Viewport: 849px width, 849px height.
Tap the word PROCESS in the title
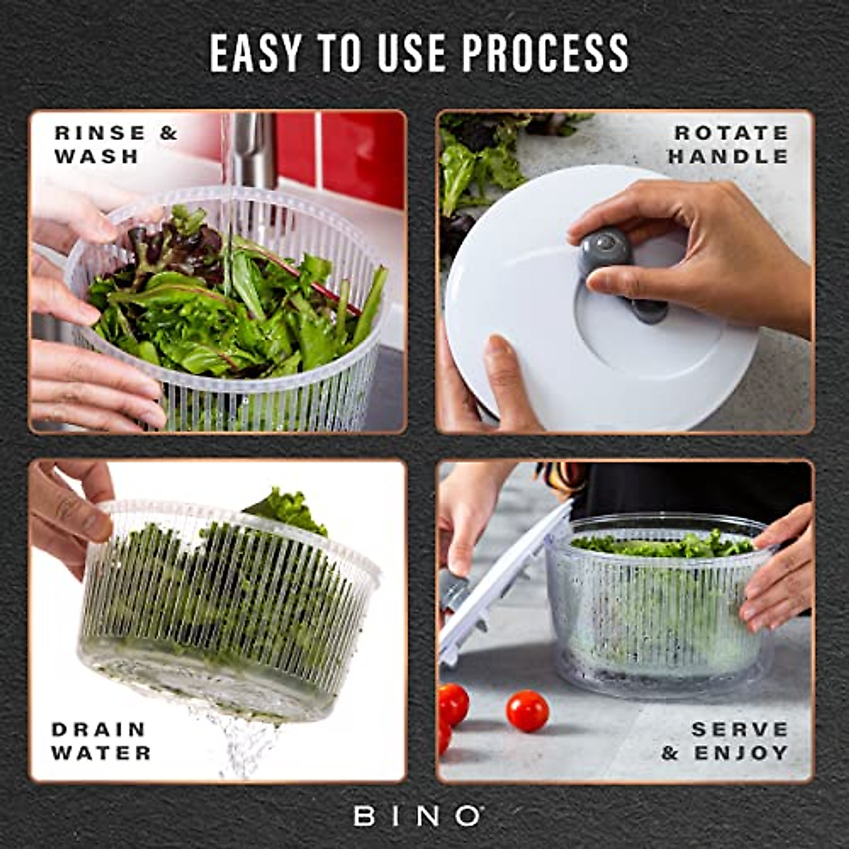click(x=545, y=53)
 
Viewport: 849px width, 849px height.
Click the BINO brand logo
click(x=417, y=816)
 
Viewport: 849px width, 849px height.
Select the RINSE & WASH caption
click(x=115, y=144)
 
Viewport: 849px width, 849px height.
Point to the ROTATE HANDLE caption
click(x=729, y=144)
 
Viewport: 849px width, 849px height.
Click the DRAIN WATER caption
click(x=101, y=741)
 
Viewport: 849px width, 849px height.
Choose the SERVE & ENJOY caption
click(x=726, y=741)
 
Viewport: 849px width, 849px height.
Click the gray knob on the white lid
click(x=605, y=249)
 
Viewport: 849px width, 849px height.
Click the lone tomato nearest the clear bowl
click(x=527, y=710)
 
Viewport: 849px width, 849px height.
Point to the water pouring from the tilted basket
click(x=244, y=743)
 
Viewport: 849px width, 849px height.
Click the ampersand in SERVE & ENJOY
click(x=669, y=753)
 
